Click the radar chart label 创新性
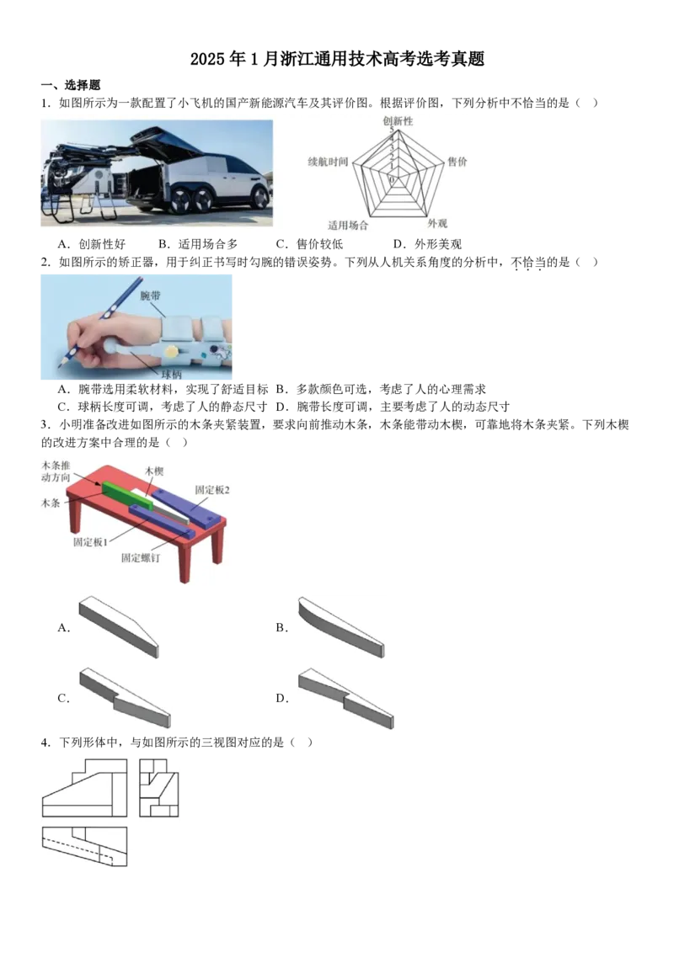point(398,121)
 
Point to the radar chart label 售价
point(457,161)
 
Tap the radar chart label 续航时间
point(328,162)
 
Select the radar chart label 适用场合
point(348,225)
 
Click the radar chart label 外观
point(436,224)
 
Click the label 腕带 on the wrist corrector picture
point(150,295)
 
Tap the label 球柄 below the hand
point(172,375)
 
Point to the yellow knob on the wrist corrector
point(172,352)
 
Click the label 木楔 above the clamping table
point(154,471)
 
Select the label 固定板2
point(212,489)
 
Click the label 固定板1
point(90,541)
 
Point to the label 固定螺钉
point(141,557)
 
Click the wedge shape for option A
point(120,626)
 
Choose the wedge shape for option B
point(341,627)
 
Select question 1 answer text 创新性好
point(102,243)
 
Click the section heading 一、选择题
point(71,85)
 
